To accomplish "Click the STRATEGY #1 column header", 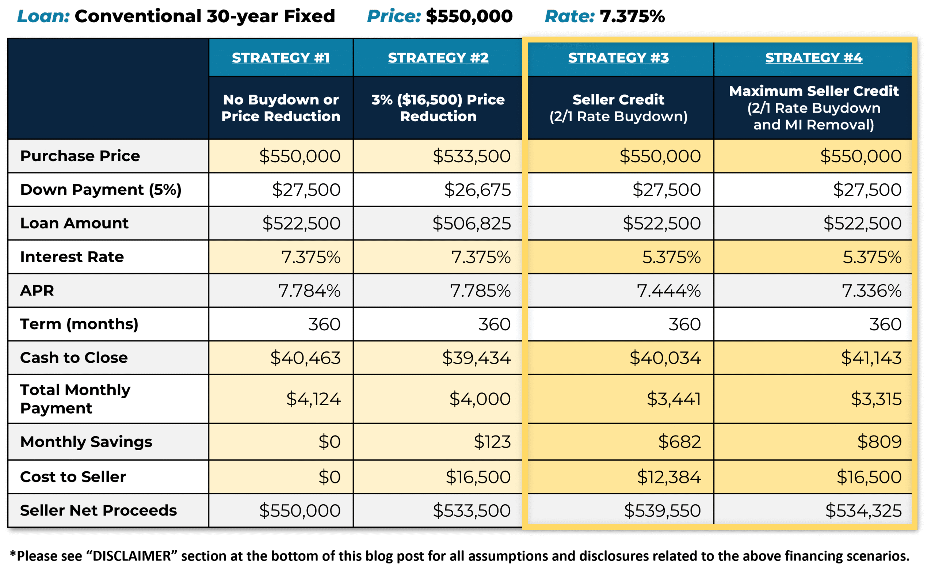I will point(281,58).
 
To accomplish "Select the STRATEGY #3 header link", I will point(618,58).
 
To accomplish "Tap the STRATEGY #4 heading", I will point(814,58).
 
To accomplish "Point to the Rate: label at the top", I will point(569,16).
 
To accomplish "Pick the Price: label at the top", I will point(394,16).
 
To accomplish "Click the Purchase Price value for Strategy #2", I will point(472,156).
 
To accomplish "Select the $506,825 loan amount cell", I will point(472,223).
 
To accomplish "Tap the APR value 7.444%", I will point(669,291).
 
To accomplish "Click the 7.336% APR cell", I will point(871,291).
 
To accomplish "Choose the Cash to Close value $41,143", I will point(871,358).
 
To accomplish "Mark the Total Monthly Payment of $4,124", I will point(313,399).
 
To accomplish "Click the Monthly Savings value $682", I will point(679,441).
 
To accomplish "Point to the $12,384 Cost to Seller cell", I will point(669,477).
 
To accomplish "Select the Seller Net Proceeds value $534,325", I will point(863,510).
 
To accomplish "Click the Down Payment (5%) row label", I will point(100,189).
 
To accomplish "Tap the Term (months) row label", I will point(79,324).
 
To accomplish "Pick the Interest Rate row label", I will point(72,257).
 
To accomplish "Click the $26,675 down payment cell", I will point(477,189).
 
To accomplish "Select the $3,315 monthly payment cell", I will point(876,399).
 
